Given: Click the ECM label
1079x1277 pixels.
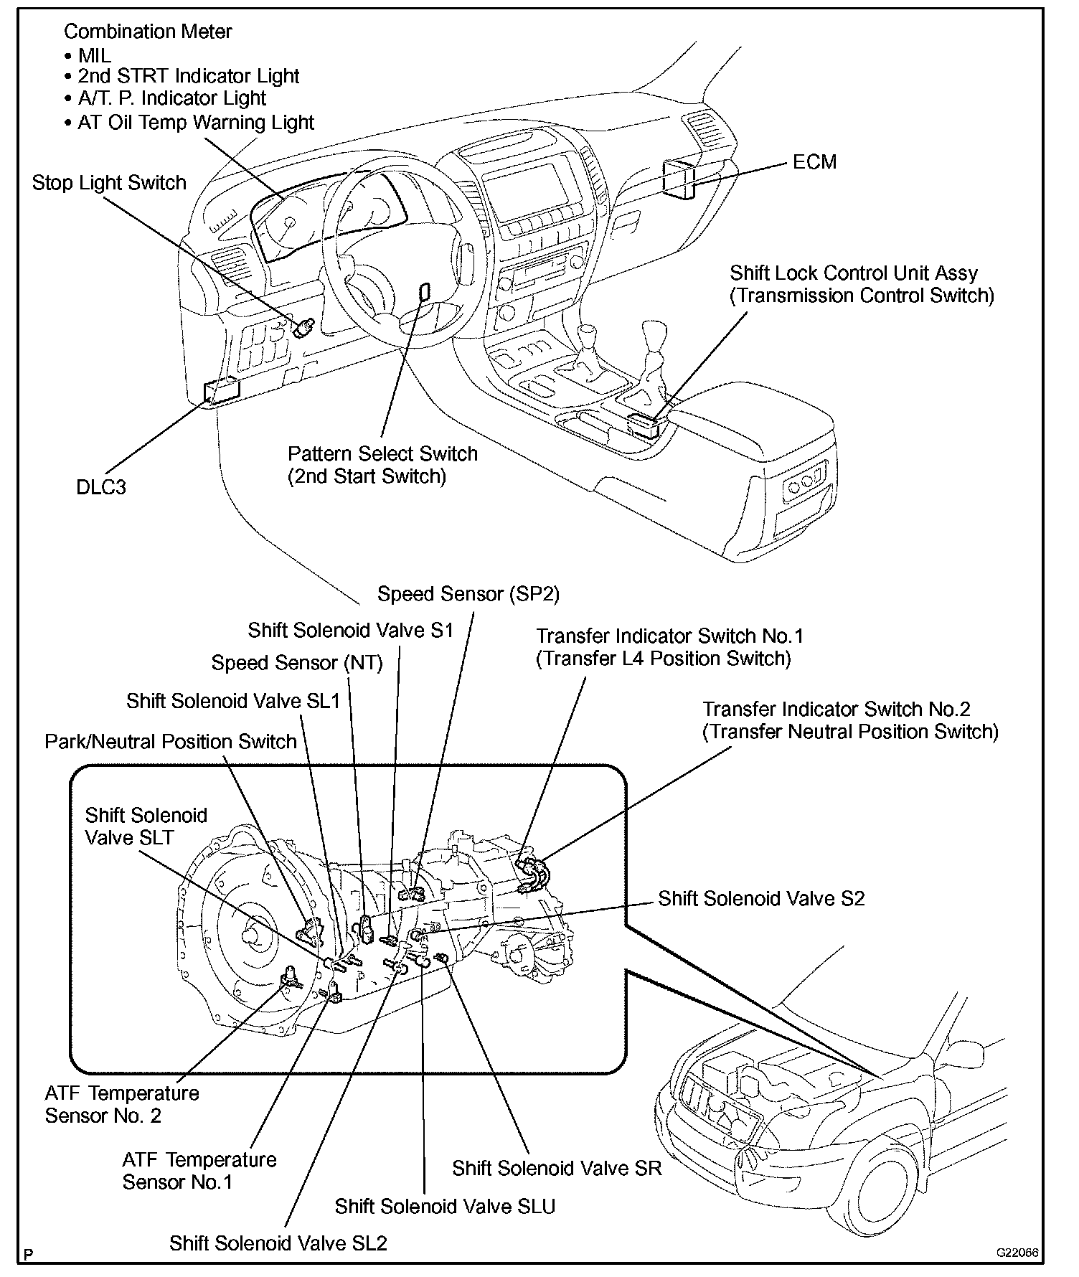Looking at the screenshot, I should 814,162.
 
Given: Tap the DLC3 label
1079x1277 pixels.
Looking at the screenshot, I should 101,488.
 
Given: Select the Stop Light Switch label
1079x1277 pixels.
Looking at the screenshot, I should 109,183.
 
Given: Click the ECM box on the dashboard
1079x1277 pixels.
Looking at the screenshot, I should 678,177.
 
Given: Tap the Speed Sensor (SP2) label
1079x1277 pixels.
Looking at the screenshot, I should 468,594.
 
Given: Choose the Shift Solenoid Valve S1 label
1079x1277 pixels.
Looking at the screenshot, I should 351,630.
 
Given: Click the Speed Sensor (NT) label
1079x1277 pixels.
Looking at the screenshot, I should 297,663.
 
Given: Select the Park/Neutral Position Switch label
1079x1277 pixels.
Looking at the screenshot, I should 171,741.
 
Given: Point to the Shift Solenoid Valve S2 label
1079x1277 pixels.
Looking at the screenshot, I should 761,898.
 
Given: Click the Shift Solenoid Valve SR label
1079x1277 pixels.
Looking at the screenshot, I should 557,1168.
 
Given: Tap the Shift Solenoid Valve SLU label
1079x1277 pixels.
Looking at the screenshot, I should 445,1206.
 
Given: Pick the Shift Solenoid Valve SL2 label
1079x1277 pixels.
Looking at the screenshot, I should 278,1243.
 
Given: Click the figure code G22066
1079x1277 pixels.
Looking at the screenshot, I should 1017,1252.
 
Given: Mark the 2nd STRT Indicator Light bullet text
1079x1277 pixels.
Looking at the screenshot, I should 188,76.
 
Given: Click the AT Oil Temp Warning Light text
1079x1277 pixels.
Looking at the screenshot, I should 195,122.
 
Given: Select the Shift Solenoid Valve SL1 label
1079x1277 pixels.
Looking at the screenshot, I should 233,701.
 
